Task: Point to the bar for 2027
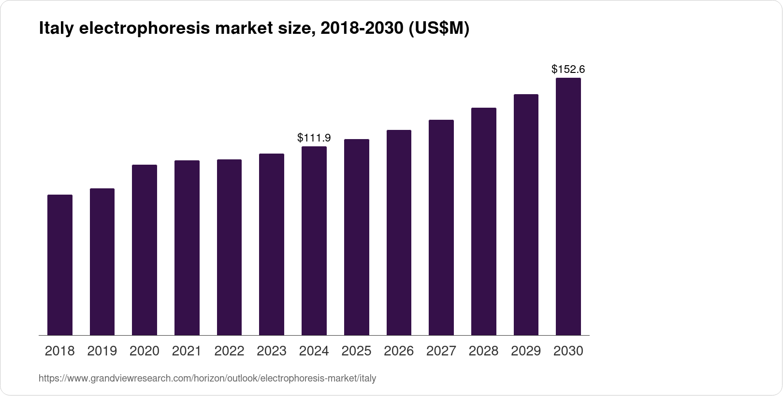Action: click(441, 227)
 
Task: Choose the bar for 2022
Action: click(229, 247)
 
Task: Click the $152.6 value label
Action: click(568, 70)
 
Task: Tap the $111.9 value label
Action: click(314, 138)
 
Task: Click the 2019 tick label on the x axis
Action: click(102, 351)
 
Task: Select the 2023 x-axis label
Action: click(272, 351)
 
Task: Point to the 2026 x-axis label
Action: click(399, 351)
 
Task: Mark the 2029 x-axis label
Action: click(526, 351)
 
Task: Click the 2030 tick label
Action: click(568, 351)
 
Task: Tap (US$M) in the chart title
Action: click(439, 29)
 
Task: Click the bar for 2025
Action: click(357, 237)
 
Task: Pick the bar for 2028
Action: click(484, 221)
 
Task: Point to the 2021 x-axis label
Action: click(187, 351)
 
